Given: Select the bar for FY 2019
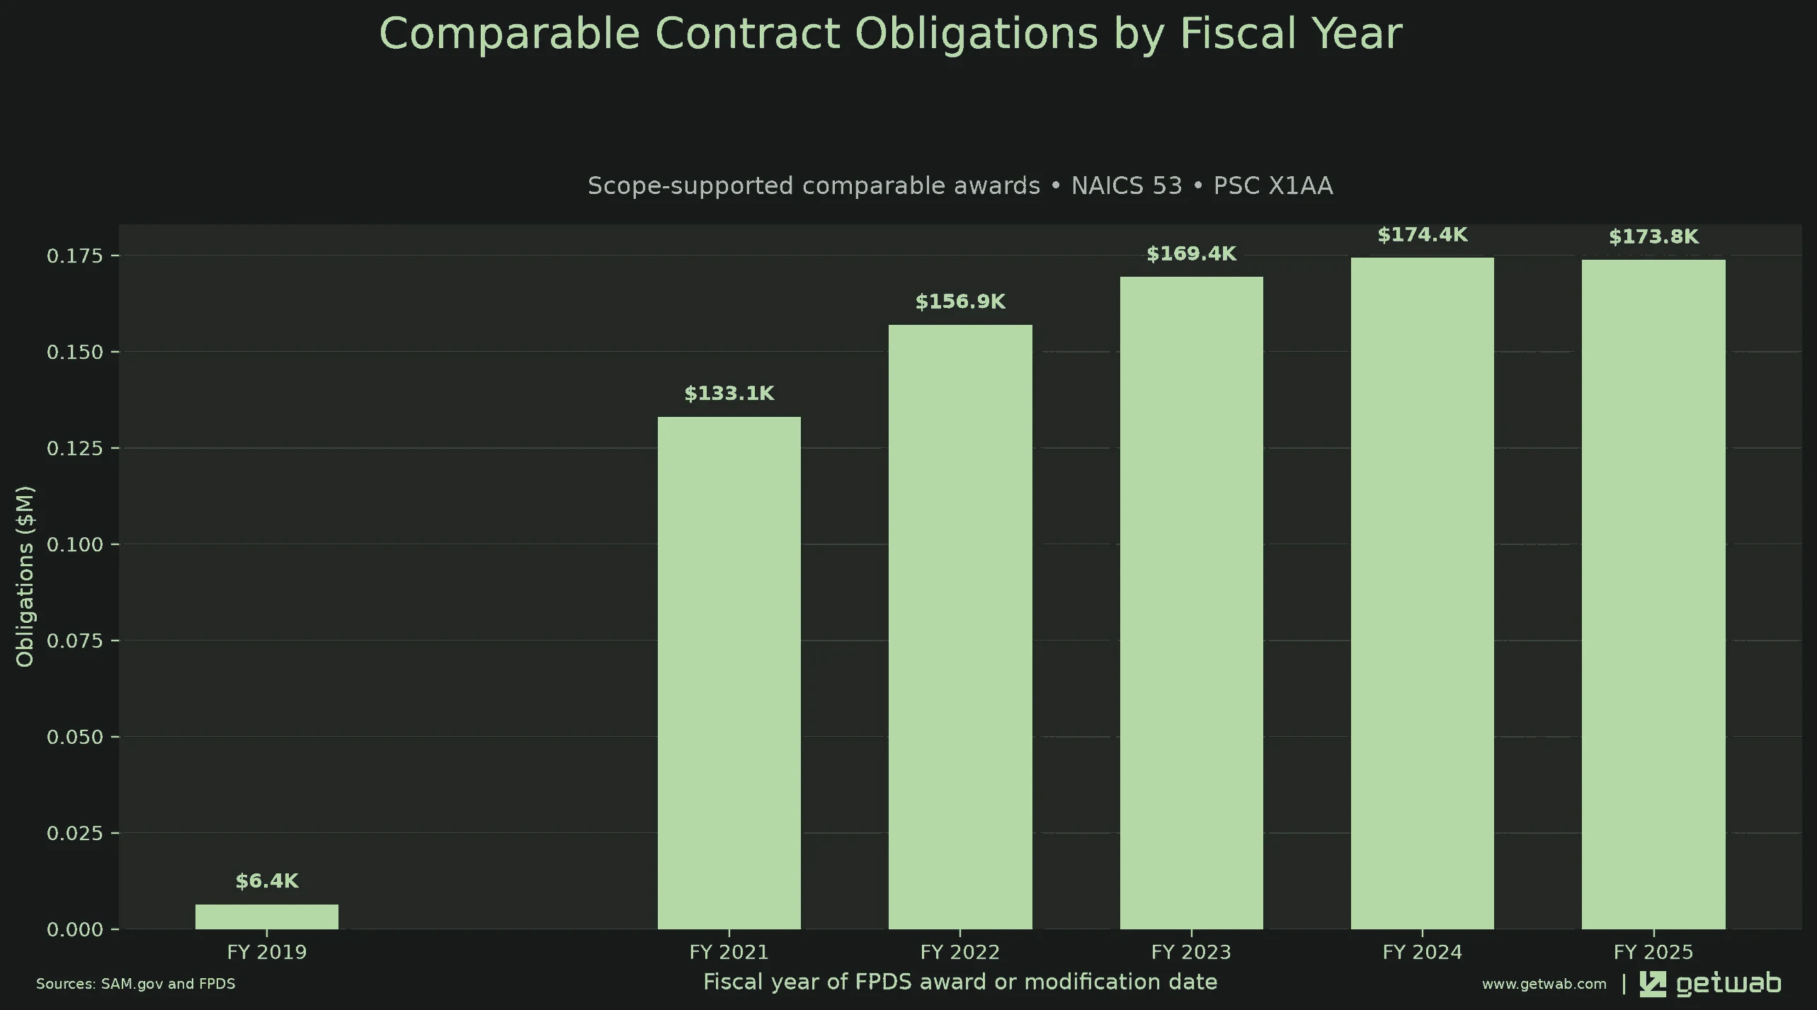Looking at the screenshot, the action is (x=267, y=917).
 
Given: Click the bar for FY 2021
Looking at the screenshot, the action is (x=729, y=673).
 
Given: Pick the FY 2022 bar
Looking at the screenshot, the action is (x=960, y=627).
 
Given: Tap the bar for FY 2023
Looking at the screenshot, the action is (x=1192, y=603).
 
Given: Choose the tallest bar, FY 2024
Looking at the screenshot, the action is (x=1423, y=593).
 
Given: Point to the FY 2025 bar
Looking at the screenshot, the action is (x=1653, y=595).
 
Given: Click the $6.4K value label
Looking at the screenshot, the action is (x=267, y=881).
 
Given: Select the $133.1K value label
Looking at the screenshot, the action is (x=729, y=394).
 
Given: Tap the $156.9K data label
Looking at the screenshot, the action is (x=960, y=302).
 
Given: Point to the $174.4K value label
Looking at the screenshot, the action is (x=1423, y=235).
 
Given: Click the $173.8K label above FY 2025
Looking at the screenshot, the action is (x=1653, y=237).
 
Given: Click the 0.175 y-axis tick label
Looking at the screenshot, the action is (x=75, y=256).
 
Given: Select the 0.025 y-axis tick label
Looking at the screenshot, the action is (x=75, y=833).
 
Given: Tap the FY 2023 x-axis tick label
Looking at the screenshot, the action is (x=1192, y=952).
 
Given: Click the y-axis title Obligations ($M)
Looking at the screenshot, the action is (x=25, y=576).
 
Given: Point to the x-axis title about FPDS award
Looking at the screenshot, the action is (x=960, y=982).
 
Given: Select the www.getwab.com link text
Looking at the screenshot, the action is (x=1544, y=985).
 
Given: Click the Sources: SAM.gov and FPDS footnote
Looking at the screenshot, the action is (x=136, y=984).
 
